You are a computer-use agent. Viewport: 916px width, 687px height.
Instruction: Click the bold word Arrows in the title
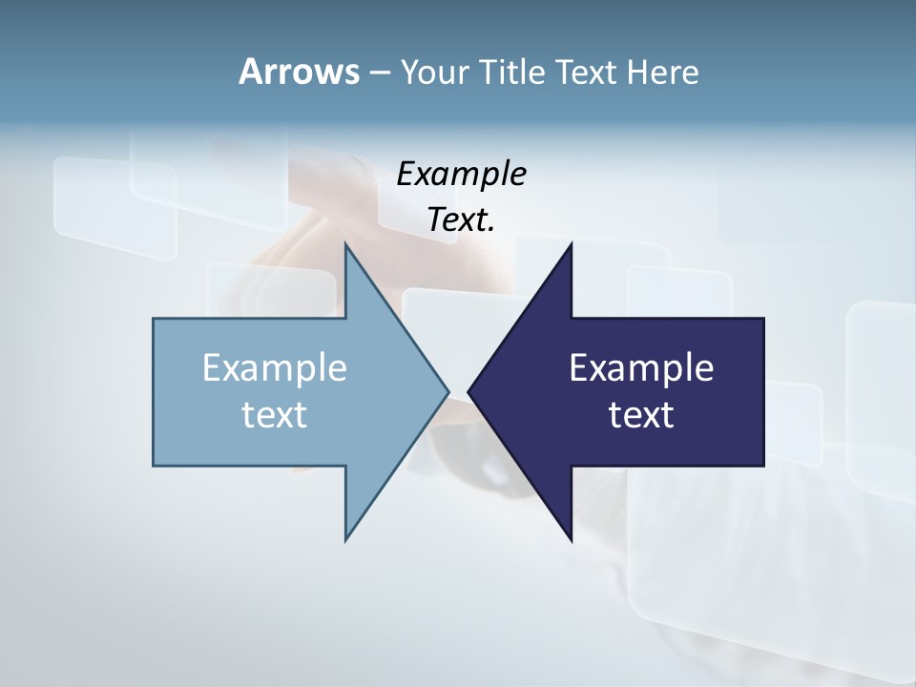pyautogui.click(x=299, y=72)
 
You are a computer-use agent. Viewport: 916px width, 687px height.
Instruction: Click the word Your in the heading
pyautogui.click(x=433, y=72)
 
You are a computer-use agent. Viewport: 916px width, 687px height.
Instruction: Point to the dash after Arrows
pyautogui.click(x=379, y=73)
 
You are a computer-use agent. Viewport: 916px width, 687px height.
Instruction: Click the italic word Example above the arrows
pyautogui.click(x=461, y=174)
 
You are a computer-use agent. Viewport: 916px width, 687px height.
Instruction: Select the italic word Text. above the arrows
pyautogui.click(x=461, y=219)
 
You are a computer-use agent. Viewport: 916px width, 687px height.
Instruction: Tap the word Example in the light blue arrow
pyautogui.click(x=275, y=367)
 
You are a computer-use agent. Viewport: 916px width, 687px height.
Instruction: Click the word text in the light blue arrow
pyautogui.click(x=275, y=414)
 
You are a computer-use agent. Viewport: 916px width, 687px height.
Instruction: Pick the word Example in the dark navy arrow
pyautogui.click(x=641, y=367)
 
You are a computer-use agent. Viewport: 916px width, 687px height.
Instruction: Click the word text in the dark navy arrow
pyautogui.click(x=641, y=414)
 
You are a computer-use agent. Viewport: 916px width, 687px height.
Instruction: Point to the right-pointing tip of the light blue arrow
pyautogui.click(x=448, y=391)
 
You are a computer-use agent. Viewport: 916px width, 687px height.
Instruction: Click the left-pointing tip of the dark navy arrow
pyautogui.click(x=469, y=391)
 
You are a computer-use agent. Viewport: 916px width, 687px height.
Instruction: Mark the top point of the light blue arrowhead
pyautogui.click(x=345, y=244)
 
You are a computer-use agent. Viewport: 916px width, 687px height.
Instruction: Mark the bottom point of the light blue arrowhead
pyautogui.click(x=345, y=540)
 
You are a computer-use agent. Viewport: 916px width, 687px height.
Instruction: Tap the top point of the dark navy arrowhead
pyautogui.click(x=572, y=244)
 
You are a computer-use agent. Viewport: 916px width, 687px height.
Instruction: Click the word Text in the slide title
pyautogui.click(x=586, y=72)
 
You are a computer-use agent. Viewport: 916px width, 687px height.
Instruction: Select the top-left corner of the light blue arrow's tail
pyautogui.click(x=154, y=319)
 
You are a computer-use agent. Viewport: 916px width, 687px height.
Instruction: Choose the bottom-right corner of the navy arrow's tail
pyautogui.click(x=763, y=466)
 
